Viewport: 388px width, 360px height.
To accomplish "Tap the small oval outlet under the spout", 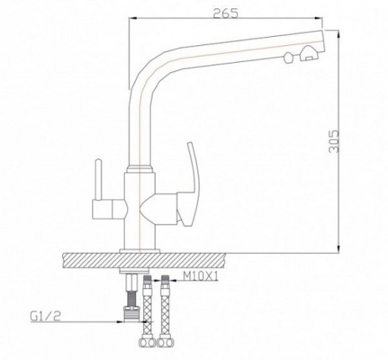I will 289,57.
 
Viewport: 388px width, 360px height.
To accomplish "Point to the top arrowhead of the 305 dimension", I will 339,33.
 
